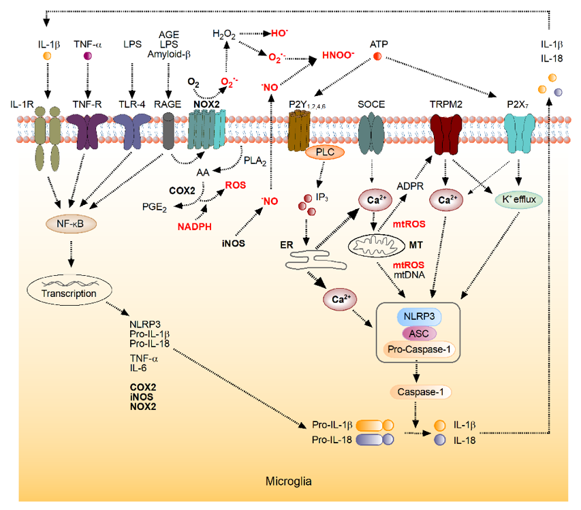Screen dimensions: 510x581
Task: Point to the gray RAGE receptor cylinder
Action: (170, 129)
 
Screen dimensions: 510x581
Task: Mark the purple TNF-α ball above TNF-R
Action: (87, 56)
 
